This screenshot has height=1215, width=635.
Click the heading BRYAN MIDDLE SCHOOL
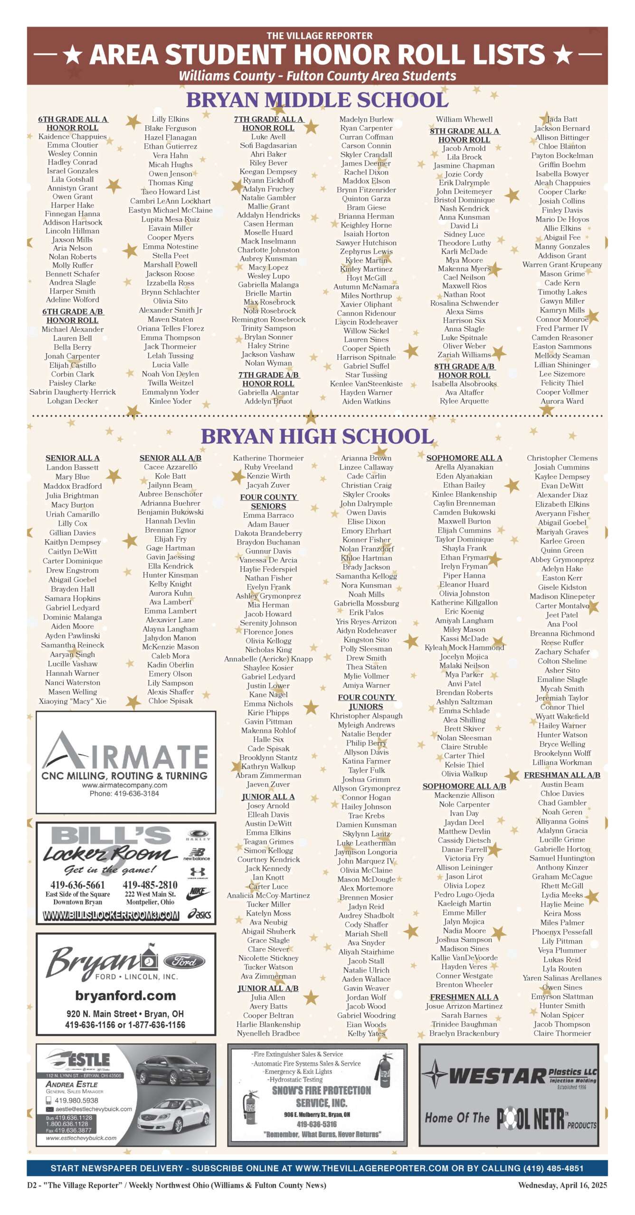pos(317,100)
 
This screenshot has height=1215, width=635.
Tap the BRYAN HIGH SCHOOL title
pos(317,436)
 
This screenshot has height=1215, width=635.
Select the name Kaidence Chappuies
pos(73,137)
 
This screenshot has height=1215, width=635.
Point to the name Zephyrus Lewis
pos(366,252)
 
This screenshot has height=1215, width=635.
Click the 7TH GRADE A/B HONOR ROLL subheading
pos(268,379)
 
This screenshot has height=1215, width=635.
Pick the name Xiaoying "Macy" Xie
pos(73,701)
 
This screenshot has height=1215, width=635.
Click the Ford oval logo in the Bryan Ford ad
pos(184,962)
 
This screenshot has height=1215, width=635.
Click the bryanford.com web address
pos(125,996)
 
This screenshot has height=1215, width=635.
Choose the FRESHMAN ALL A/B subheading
pos(562,775)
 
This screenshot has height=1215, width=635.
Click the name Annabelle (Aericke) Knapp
pos(268,659)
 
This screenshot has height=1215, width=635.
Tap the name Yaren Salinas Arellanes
pos(562,978)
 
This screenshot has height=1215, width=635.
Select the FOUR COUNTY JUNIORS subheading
pos(366,702)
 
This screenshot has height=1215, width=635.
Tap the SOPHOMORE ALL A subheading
pos(464,458)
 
